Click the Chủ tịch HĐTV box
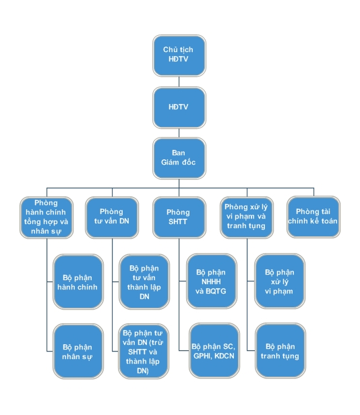[179, 55]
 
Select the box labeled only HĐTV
[179, 107]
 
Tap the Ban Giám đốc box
[179, 158]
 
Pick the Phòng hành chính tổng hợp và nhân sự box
[47, 217]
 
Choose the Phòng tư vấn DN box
[112, 217]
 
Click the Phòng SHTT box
[179, 217]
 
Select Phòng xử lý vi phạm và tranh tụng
[247, 217]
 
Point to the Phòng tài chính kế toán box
[313, 217]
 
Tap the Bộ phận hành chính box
[78, 281]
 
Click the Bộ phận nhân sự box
[78, 351]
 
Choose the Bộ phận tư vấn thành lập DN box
[144, 281]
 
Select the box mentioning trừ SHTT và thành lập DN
[144, 351]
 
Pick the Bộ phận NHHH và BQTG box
[212, 281]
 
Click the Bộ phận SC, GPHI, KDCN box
[214, 350]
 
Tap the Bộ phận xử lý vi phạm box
[280, 281]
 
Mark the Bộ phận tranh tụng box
[280, 350]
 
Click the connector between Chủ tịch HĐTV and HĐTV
[179, 82]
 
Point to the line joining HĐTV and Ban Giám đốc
[179, 133]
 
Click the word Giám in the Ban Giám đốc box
[169, 162]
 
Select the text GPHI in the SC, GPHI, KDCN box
[202, 356]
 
